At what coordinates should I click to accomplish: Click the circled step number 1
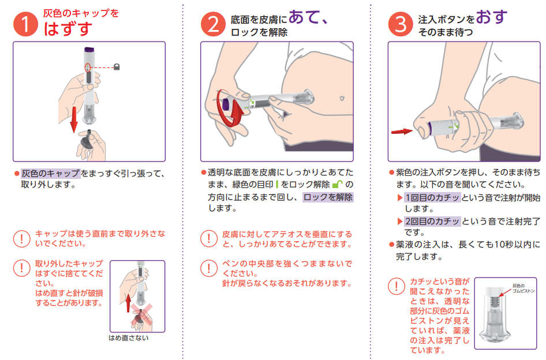coord(25,24)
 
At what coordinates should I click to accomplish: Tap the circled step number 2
coord(213,24)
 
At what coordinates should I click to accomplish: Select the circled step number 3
coord(401,24)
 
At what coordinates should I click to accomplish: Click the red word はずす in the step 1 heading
coord(68,28)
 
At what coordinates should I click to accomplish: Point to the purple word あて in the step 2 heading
coord(303,17)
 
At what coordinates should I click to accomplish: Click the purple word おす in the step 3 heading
coord(491,17)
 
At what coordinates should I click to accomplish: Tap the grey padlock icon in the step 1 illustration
coord(117,66)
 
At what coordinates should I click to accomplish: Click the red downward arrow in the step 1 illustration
coord(73,120)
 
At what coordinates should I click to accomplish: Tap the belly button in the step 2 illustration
coord(342,99)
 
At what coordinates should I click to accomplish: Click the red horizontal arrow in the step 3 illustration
coord(402,132)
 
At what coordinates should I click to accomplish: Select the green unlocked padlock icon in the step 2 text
coord(338,184)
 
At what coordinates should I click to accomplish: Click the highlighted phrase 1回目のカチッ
coord(432,197)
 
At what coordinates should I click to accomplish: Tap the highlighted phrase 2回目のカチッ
coord(432,221)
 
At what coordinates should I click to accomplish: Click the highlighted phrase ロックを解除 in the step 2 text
coord(328,197)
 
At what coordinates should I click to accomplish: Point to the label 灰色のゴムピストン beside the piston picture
coord(523,288)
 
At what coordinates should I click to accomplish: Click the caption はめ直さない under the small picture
coord(129,337)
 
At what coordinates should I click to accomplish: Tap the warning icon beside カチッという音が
coord(397,286)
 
